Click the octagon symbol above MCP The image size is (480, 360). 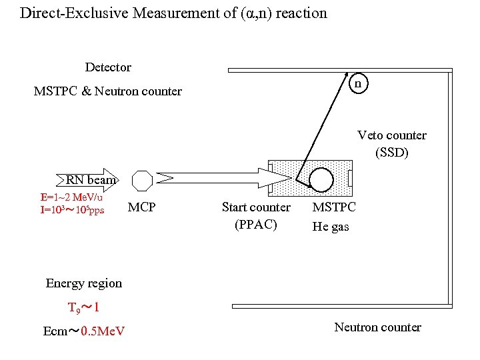142,180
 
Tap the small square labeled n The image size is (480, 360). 358,84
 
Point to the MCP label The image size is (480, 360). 141,207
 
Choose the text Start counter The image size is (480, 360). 256,207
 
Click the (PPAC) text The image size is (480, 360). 256,224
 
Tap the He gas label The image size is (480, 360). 331,227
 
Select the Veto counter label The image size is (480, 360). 392,135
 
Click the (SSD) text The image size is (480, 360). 392,153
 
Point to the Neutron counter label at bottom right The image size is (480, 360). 377,327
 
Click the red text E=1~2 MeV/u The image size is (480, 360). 71,197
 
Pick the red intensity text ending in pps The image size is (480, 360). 72,211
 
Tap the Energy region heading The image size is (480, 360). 84,283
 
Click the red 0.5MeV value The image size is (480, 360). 103,331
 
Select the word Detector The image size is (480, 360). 108,67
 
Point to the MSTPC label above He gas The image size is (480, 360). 334,207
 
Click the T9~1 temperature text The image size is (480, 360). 83,308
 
